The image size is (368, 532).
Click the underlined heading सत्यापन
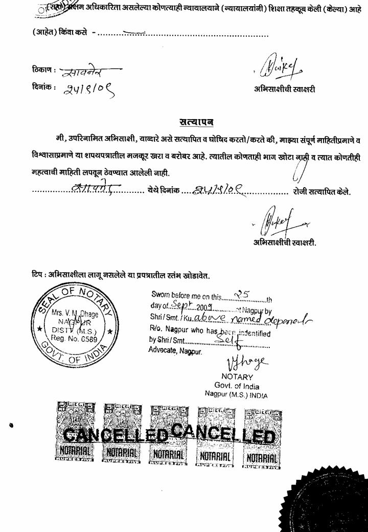click(x=196, y=122)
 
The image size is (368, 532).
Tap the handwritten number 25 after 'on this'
click(x=240, y=295)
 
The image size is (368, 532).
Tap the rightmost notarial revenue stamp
click(x=262, y=439)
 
